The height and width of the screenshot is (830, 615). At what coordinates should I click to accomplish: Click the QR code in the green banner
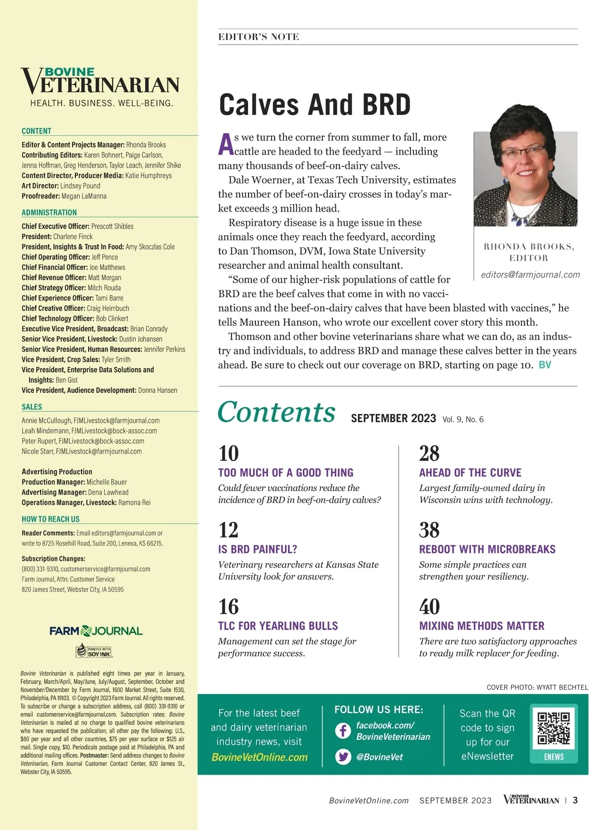pos(553,728)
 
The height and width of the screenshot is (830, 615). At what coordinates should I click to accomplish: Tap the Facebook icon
pos(343,730)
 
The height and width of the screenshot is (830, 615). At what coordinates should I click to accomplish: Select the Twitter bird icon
pos(343,756)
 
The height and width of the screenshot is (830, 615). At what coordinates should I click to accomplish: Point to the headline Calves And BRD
pos(315,105)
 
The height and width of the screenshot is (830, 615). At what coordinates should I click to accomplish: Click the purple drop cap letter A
pos(225,144)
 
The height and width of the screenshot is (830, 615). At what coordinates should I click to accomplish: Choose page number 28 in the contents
pos(429,453)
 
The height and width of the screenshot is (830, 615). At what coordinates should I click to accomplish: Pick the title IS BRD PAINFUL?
pos(257,549)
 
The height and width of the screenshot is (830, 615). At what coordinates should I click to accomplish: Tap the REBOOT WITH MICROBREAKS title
pos(487,549)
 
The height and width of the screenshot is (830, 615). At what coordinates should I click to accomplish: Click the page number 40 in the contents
pos(429,607)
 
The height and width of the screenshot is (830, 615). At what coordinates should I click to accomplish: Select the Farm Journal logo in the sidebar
pos(96,631)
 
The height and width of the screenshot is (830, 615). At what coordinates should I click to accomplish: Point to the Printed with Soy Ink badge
pos(94,651)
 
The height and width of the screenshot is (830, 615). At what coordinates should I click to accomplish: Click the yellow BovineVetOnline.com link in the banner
pos(259,757)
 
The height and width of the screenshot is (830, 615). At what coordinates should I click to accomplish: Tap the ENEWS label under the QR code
pos(553,757)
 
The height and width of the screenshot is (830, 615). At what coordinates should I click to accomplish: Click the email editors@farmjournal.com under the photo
pos(530,275)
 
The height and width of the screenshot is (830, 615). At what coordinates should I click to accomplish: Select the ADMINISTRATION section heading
pos(49,213)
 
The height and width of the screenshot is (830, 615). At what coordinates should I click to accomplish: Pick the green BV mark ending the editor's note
pos(545,365)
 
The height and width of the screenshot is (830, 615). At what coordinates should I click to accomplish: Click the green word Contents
pos(277,412)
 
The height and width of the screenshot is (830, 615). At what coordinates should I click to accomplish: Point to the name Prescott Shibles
pos(112,226)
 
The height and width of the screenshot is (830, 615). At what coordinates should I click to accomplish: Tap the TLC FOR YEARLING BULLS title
pos(278,626)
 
